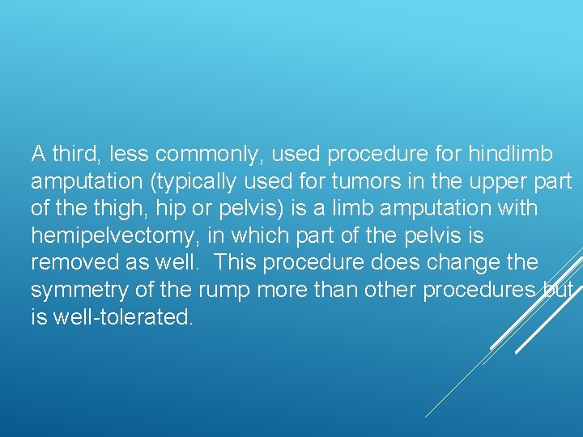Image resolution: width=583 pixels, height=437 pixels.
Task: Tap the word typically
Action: tap(194, 180)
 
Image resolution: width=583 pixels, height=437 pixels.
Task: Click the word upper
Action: tap(502, 180)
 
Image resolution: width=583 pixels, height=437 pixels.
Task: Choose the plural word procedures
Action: tap(479, 291)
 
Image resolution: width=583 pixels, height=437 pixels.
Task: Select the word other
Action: tap(389, 291)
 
